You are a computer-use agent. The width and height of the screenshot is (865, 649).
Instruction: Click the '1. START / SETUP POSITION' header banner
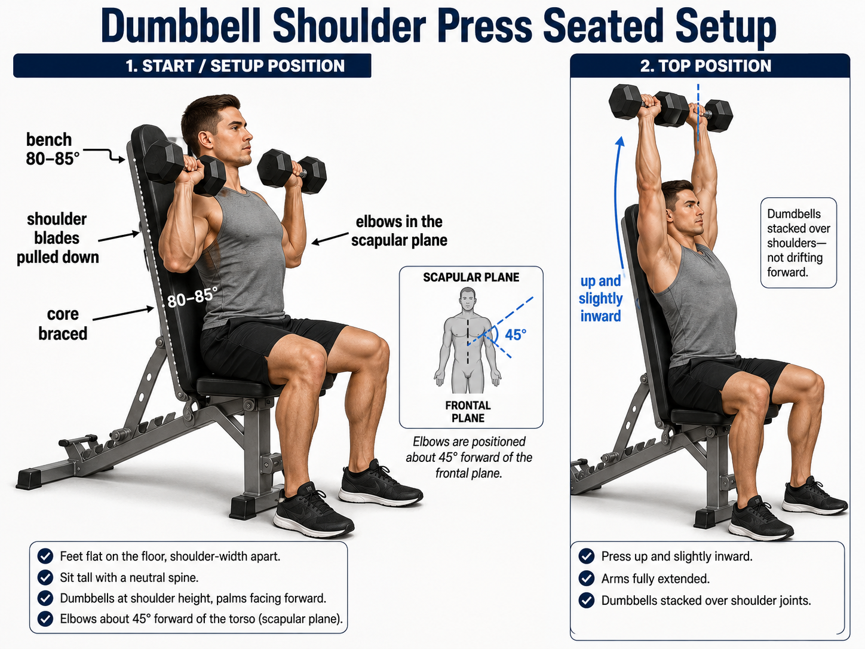192,66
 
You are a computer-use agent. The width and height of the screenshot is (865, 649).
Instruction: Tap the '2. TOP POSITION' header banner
710,66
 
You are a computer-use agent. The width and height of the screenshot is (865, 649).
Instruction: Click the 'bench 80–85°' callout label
52,149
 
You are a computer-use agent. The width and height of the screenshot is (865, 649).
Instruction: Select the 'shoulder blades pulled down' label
57,238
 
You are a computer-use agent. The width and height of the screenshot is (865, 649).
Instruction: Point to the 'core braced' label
63,323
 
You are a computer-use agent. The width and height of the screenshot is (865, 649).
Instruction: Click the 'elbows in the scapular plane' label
399,231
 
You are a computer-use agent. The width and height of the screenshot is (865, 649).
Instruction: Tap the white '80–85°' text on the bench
192,297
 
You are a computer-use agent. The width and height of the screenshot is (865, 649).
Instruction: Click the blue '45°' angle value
516,335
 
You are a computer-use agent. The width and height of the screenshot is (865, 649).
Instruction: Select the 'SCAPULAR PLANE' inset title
471,277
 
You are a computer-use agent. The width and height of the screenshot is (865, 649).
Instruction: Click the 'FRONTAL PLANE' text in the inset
468,412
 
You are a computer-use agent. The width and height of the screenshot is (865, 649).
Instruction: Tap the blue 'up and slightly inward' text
600,298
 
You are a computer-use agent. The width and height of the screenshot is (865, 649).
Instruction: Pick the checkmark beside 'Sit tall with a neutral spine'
45,577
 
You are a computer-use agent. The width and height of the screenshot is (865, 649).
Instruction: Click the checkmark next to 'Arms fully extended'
587,578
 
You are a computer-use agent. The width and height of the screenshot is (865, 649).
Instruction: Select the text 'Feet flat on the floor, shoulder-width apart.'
170,556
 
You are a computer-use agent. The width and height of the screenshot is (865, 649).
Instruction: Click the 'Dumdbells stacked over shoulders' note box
799,243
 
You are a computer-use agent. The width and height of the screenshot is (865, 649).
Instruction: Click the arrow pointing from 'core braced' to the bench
123,314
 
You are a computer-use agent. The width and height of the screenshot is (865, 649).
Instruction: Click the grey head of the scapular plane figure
467,298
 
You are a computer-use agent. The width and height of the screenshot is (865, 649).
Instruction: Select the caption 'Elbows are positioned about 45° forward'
469,457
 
